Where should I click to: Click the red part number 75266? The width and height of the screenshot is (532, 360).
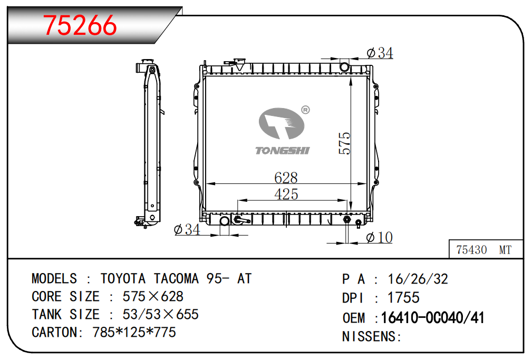80,25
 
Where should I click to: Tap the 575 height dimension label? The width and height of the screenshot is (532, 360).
344,143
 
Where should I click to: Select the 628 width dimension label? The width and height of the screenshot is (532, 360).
286,178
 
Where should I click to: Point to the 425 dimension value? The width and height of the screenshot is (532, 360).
286,194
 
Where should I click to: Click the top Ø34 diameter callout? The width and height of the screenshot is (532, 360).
380,53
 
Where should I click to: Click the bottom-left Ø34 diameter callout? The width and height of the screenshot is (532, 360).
187,229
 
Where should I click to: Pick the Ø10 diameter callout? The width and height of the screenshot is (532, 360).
379,238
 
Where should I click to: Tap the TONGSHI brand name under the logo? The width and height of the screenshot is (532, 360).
282,150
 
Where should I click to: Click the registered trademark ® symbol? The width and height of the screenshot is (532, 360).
305,110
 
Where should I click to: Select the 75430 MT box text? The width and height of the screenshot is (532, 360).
484,250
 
